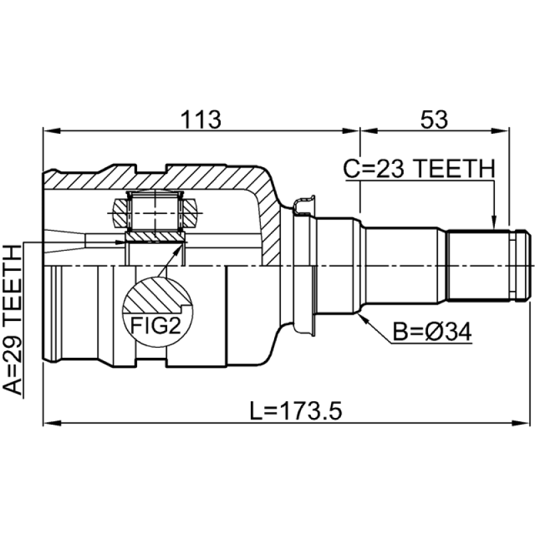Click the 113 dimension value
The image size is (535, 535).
tap(201, 120)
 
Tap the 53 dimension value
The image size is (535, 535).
tap(434, 120)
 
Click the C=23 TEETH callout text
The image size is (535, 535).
tap(419, 169)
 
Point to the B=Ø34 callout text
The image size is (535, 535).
tap(432, 331)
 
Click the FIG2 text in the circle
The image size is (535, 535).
tap(155, 325)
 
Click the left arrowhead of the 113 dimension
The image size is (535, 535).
tap(52, 131)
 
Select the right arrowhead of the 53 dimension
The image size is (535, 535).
tap(500, 131)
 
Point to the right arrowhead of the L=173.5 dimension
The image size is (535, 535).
tap(521, 423)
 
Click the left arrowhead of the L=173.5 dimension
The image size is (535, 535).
tap(52, 423)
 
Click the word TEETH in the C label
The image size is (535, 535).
tap(455, 169)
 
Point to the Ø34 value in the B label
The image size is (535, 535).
tap(449, 331)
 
